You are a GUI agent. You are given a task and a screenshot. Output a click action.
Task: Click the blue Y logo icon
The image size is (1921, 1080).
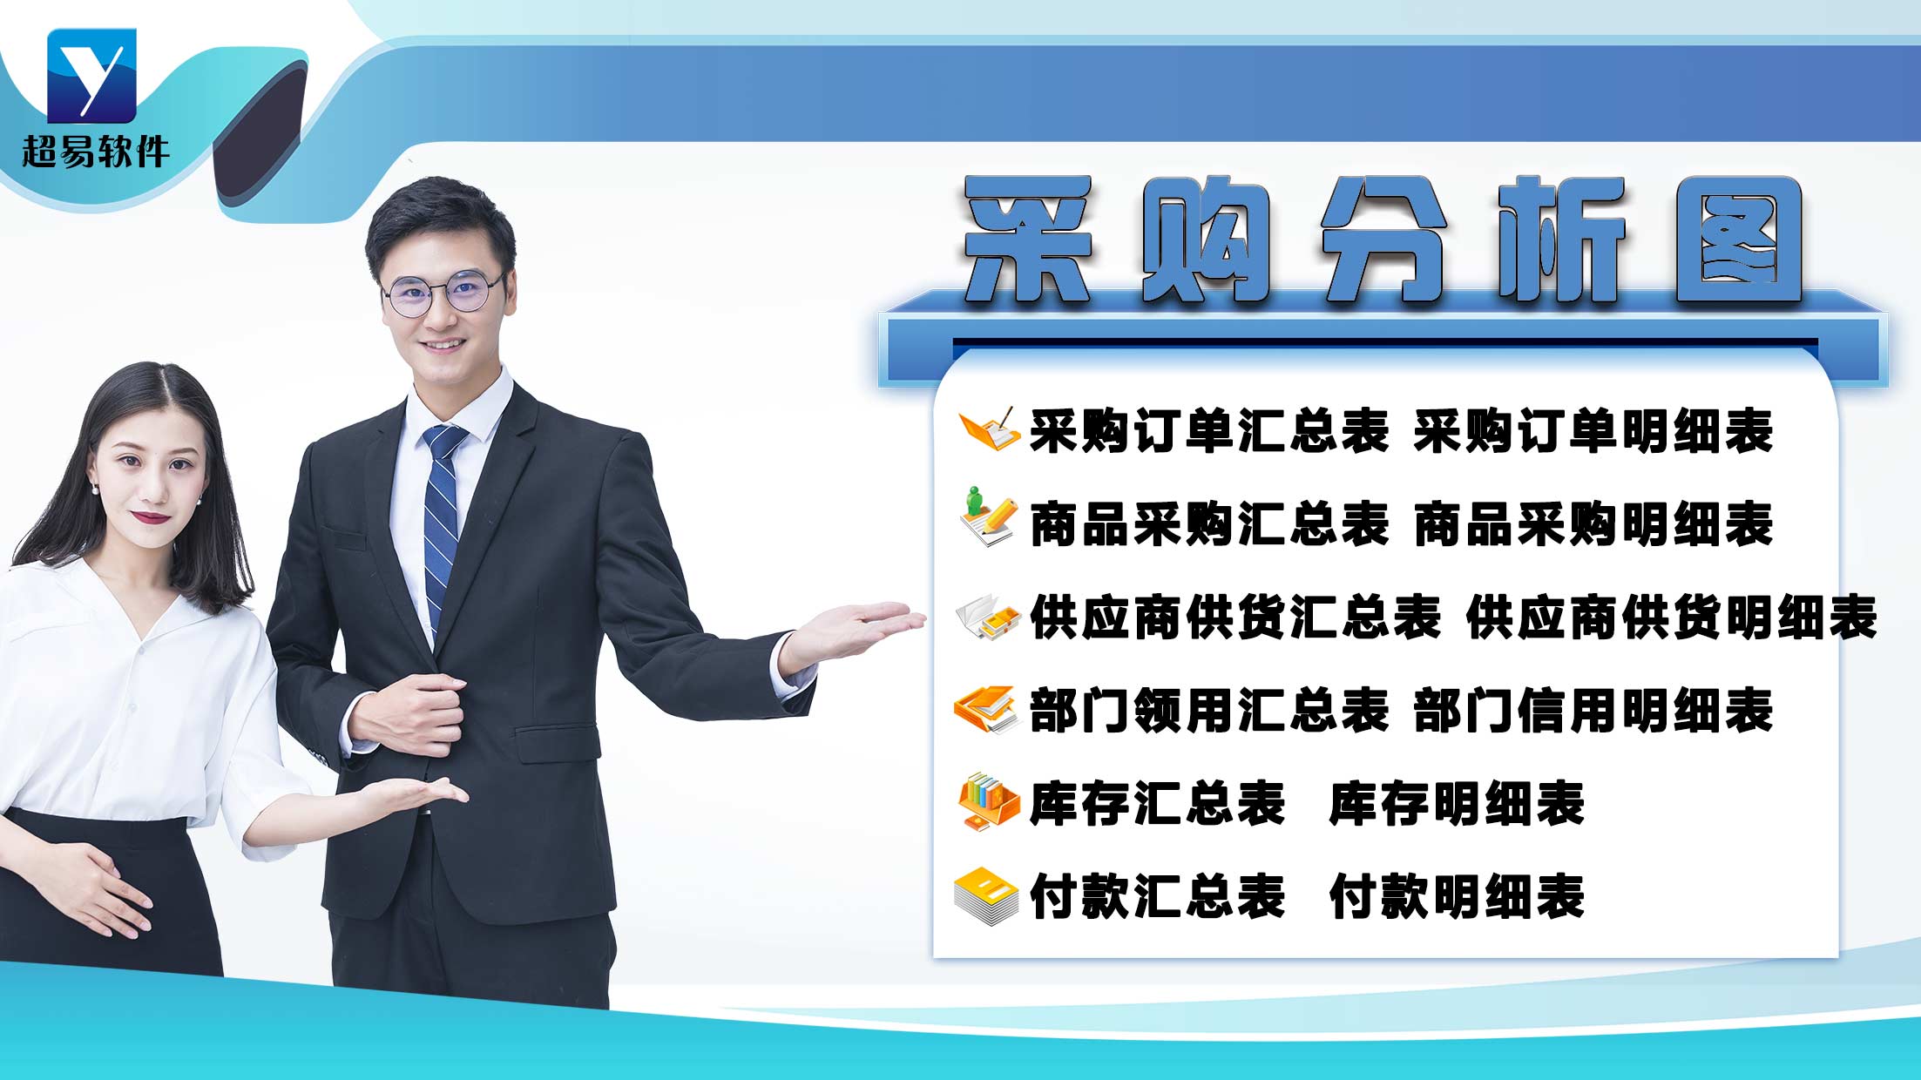pyautogui.click(x=91, y=76)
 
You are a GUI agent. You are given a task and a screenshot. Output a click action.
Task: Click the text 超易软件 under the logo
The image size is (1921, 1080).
pyautogui.click(x=95, y=152)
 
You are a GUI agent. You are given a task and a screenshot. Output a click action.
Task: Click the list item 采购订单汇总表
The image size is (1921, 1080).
pyautogui.click(x=1208, y=431)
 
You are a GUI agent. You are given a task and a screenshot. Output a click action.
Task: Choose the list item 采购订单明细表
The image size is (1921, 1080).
pyautogui.click(x=1593, y=431)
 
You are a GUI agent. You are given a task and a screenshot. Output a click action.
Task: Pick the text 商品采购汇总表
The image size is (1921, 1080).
pyautogui.click(x=1208, y=524)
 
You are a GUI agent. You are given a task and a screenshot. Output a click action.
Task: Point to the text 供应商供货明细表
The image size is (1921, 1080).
pyautogui.click(x=1671, y=618)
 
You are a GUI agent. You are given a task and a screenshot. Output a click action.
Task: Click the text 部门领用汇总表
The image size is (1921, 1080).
pyautogui.click(x=1208, y=711)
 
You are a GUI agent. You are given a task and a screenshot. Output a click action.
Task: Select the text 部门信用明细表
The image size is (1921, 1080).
pyautogui.click(x=1593, y=711)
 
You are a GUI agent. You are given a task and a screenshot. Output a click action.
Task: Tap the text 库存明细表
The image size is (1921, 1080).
pyautogui.click(x=1456, y=804)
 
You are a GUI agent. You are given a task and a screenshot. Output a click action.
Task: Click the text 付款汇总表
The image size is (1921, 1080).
pyautogui.click(x=1157, y=897)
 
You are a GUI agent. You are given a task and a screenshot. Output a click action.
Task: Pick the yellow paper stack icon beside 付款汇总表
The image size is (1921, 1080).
pyautogui.click(x=986, y=896)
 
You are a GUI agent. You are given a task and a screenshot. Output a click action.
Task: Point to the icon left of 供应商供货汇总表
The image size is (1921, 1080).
pyautogui.click(x=988, y=618)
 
